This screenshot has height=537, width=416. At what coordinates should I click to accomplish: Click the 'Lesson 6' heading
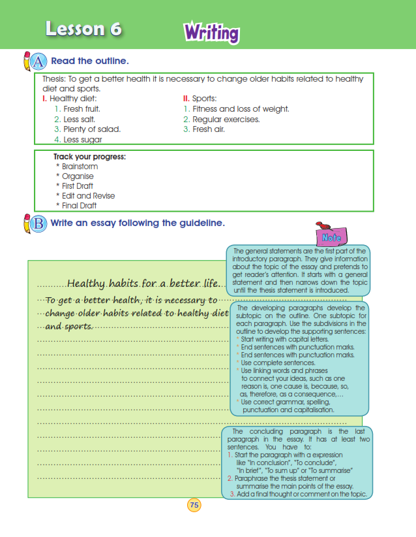(83, 29)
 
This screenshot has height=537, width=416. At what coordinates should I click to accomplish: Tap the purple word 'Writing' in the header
(211, 32)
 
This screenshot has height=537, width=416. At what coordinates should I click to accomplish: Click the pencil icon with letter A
(35, 61)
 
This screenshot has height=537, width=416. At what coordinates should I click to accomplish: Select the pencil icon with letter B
(35, 223)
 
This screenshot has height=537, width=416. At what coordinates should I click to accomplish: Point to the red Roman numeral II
(185, 99)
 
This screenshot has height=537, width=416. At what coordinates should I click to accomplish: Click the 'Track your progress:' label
(89, 157)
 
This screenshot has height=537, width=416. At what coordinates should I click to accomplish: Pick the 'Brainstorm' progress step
(80, 167)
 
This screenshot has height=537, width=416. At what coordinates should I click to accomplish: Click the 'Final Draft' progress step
(79, 205)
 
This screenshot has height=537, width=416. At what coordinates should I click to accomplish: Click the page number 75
(194, 504)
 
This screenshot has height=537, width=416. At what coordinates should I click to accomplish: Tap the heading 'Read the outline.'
(90, 61)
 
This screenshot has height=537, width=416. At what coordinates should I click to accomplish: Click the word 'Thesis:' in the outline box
(54, 79)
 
